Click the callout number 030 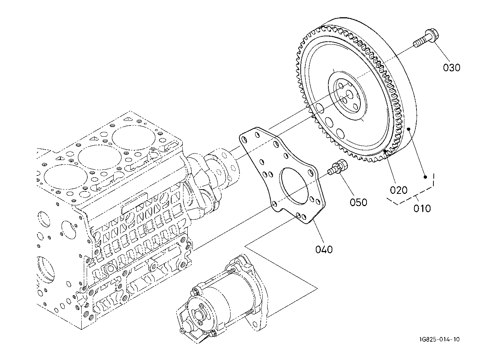point(451,67)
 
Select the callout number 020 point(399,190)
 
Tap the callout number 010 point(422,208)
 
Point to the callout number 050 point(359,202)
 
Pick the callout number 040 point(324,250)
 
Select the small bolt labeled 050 point(338,168)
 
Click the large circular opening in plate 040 point(294,186)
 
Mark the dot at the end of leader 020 point(385,151)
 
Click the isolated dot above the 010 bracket point(425,177)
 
